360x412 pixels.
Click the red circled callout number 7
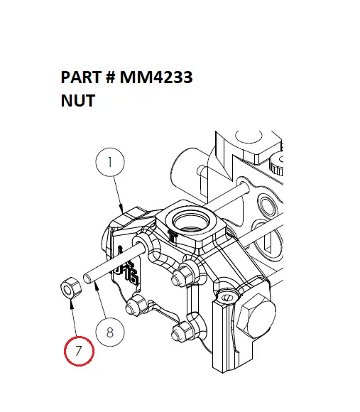coord(79,350)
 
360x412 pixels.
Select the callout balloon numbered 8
coord(109,331)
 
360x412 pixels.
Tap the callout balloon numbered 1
coord(109,162)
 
